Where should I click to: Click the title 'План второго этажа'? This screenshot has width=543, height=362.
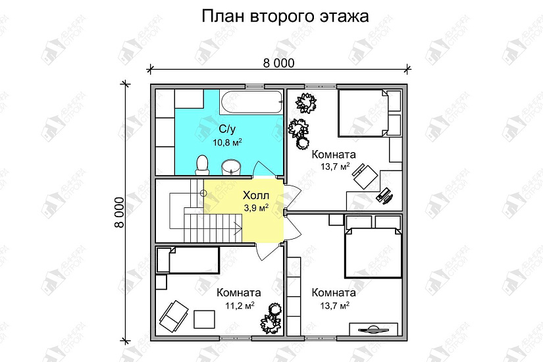[284, 16]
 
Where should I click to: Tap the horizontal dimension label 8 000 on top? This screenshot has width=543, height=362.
[278, 63]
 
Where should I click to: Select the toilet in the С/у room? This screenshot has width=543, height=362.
[202, 163]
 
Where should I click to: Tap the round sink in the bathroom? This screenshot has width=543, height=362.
[230, 166]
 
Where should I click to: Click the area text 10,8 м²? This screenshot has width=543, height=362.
[227, 142]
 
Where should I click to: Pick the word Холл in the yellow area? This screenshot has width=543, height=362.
[255, 196]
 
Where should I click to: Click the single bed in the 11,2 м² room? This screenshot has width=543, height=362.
[188, 260]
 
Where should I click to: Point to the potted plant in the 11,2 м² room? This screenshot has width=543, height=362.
[271, 322]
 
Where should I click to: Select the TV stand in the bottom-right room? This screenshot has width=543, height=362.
[375, 328]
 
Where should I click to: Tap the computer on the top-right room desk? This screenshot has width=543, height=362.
[385, 194]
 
